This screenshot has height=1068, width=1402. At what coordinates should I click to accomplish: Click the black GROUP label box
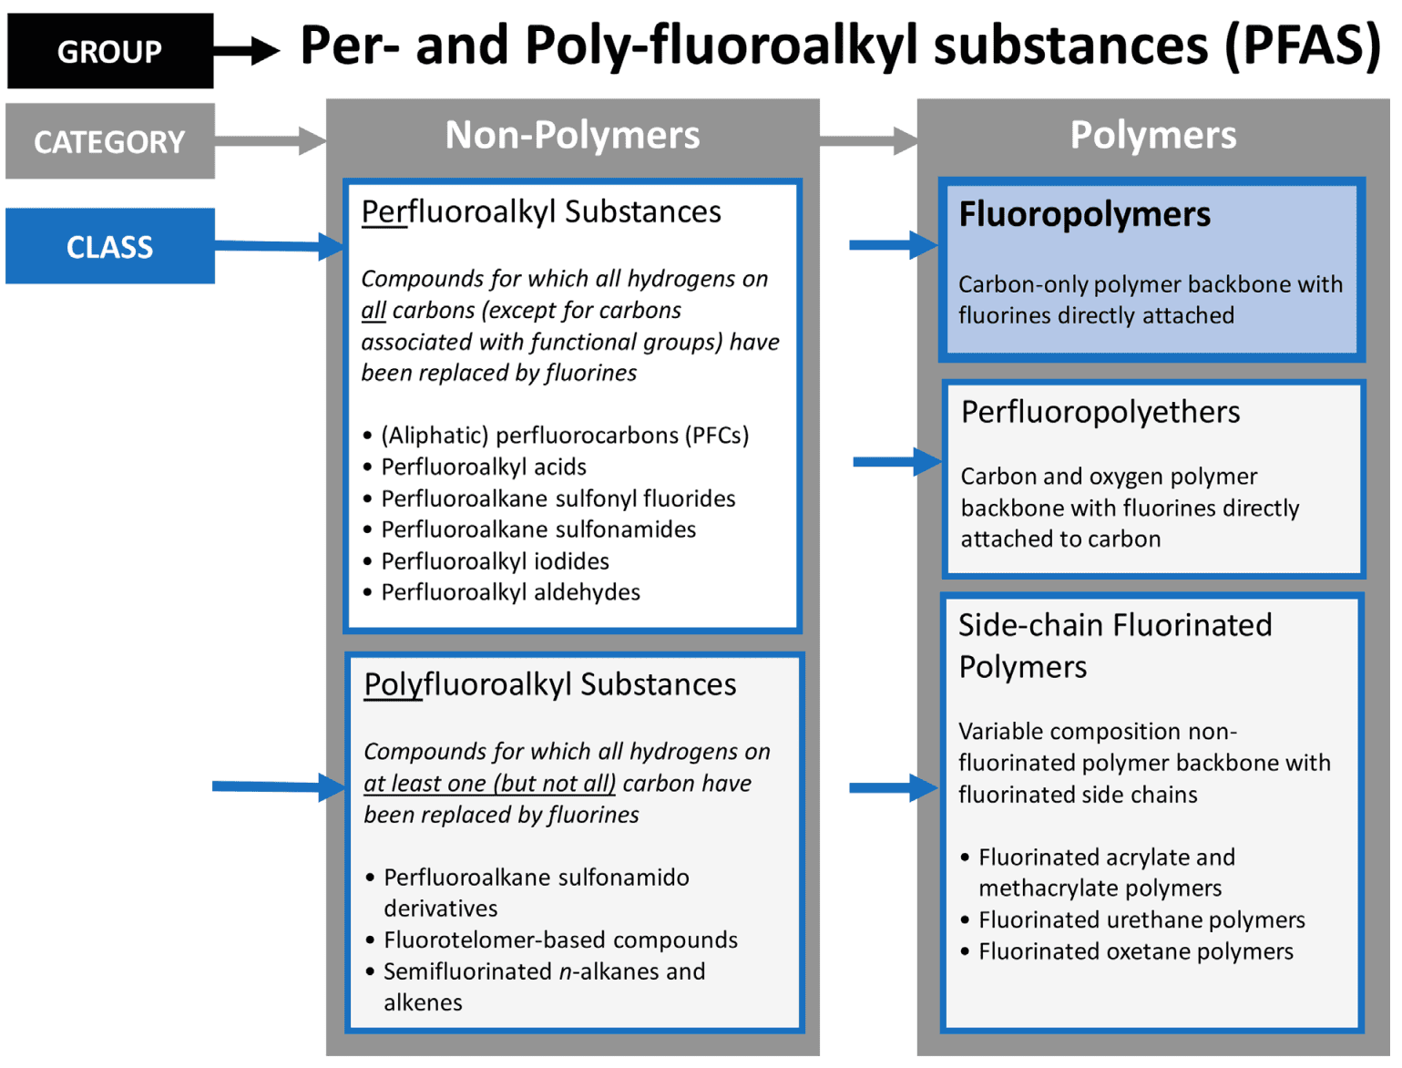pos(110,50)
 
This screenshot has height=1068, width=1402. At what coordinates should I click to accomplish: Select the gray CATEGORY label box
pos(110,141)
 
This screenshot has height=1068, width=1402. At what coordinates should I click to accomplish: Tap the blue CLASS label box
pos(110,246)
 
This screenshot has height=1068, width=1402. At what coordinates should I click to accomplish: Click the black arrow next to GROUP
pos(247,50)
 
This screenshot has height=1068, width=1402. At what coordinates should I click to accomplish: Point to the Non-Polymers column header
pos(572,135)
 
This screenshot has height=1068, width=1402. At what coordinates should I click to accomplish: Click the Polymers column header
pos(1153,135)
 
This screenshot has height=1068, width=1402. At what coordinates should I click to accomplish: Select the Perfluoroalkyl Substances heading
pos(541,212)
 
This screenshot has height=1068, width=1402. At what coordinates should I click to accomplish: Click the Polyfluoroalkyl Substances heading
pos(550,684)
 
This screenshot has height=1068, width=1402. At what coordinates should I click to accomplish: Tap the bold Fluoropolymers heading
pos(1084,215)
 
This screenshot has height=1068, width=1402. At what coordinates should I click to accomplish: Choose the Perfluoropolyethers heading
pos(1100,412)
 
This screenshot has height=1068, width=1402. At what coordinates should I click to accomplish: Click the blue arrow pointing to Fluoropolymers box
pos(894,244)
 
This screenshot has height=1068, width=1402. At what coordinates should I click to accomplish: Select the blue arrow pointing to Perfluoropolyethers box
pos(897,462)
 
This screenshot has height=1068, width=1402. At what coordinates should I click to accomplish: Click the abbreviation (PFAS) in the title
pos(1303,46)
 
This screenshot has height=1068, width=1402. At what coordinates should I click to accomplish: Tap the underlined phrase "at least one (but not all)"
pos(489,784)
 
